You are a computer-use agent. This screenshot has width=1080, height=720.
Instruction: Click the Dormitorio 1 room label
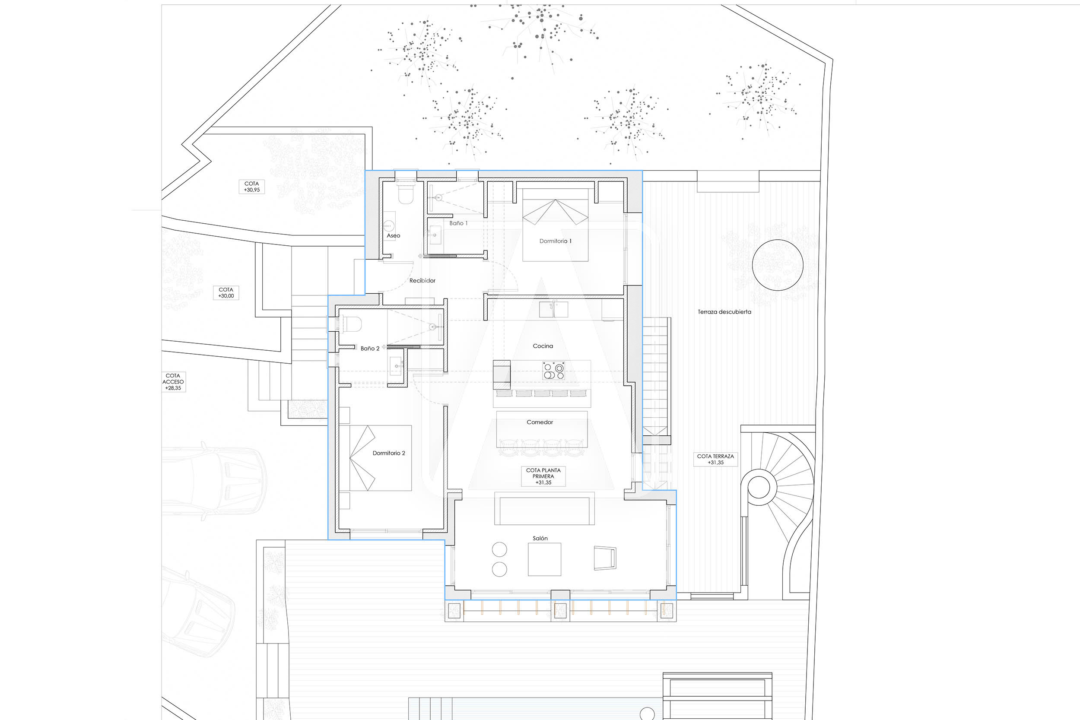(556, 241)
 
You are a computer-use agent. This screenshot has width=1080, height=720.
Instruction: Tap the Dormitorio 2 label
(389, 453)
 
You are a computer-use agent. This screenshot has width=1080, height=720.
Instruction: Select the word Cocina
(543, 346)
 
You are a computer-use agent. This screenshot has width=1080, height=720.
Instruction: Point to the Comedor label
(540, 422)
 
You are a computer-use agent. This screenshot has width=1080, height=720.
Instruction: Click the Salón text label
(540, 538)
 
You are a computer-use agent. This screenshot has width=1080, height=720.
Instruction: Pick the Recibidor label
(422, 281)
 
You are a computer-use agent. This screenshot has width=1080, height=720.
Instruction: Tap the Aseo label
(394, 235)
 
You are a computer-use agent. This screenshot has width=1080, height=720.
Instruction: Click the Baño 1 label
(459, 223)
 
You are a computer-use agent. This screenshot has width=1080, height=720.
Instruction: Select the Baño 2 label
(370, 349)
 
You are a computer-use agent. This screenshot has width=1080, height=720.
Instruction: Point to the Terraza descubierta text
(724, 312)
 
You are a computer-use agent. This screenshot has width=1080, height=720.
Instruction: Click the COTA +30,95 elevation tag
(251, 187)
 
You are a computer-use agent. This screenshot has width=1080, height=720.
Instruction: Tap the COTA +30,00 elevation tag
(226, 293)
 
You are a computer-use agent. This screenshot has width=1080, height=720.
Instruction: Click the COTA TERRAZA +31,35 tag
(715, 460)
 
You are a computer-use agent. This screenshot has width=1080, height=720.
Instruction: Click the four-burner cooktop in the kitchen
(553, 371)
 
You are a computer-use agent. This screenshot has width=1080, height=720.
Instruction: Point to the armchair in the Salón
(605, 558)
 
